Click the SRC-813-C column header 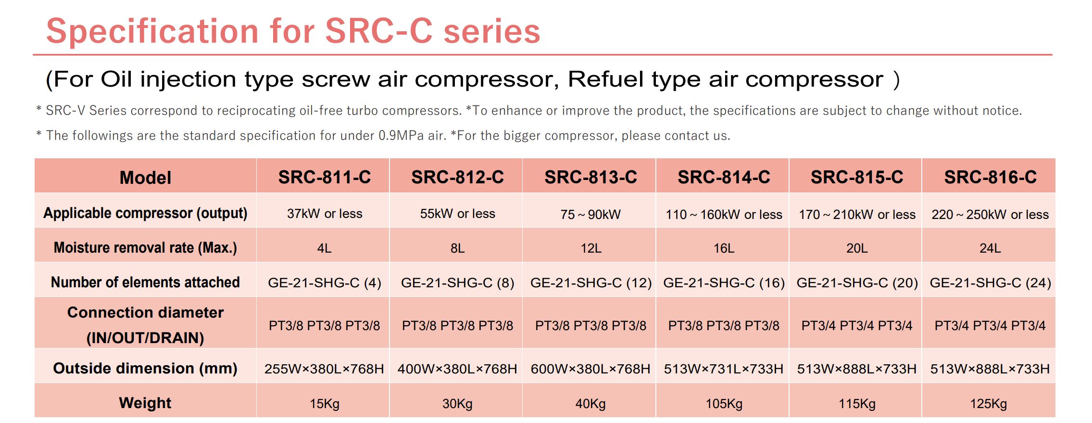point(590,177)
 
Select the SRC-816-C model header point(991,177)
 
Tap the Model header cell point(145,178)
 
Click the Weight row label point(145,403)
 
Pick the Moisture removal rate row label point(145,247)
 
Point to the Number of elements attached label point(145,282)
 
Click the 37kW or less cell point(325,214)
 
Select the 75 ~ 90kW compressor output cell point(590,214)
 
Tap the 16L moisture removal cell point(724,248)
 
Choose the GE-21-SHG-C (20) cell point(857,282)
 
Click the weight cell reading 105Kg point(724,404)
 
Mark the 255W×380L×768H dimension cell point(324,369)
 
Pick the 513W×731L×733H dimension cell point(724,369)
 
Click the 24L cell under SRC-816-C point(990,248)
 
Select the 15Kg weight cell point(325,404)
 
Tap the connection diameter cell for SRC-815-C point(857,326)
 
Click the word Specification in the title point(152,32)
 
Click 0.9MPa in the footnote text point(401,136)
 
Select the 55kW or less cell point(458,214)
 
